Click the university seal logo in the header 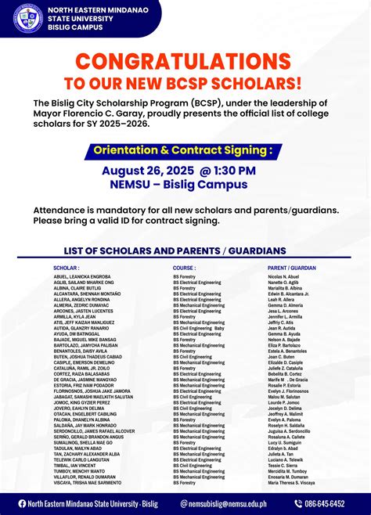[28, 17]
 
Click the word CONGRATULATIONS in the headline [185, 62]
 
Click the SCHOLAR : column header [68, 268]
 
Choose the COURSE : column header [185, 268]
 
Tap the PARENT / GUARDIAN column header [291, 268]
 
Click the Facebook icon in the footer [22, 503]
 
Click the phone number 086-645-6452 [324, 503]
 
